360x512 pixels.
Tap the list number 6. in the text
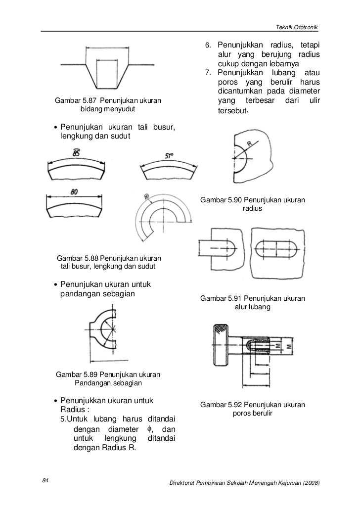(x=208, y=46)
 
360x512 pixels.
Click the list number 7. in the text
(x=208, y=74)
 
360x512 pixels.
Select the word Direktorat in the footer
(x=184, y=482)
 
